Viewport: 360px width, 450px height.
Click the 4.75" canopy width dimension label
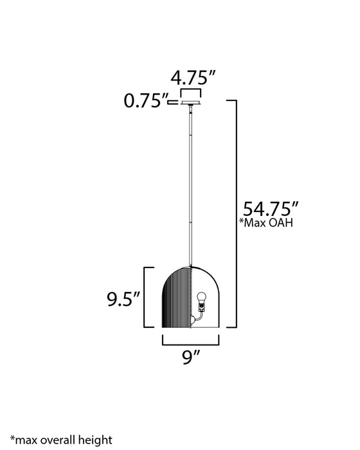pos(193,78)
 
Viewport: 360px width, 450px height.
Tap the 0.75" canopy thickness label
pos(145,101)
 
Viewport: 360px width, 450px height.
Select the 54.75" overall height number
pos(271,209)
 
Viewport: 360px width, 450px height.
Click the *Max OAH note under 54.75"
pos(266,222)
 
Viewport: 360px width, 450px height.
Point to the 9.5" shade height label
pos(123,299)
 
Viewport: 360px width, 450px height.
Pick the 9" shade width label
pos(191,357)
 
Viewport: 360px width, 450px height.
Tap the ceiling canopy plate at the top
pos(191,103)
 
